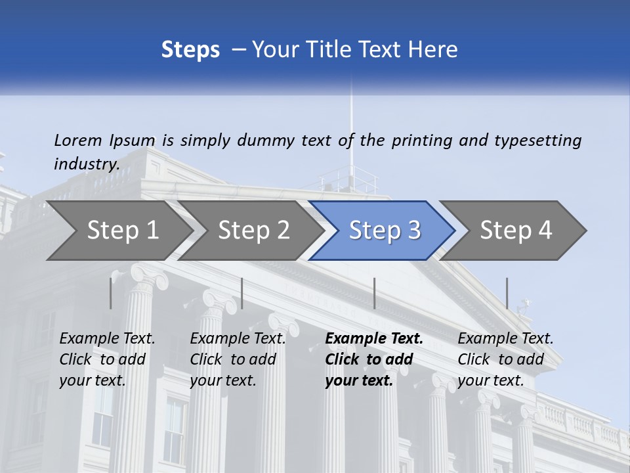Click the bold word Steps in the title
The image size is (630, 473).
tap(190, 49)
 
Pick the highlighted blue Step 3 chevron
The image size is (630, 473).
tap(385, 231)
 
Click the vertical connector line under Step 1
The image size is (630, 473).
tap(111, 293)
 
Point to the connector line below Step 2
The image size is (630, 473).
tap(242, 293)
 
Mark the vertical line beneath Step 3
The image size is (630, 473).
tap(374, 293)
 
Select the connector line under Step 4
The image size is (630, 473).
tap(507, 293)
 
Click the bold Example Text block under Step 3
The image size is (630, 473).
tap(374, 359)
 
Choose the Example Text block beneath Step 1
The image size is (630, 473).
tap(107, 359)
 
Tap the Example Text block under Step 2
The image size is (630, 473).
tap(238, 359)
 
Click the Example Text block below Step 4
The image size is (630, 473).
tap(505, 359)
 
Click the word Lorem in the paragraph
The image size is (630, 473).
tap(78, 140)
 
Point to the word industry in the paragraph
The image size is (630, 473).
tap(87, 164)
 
